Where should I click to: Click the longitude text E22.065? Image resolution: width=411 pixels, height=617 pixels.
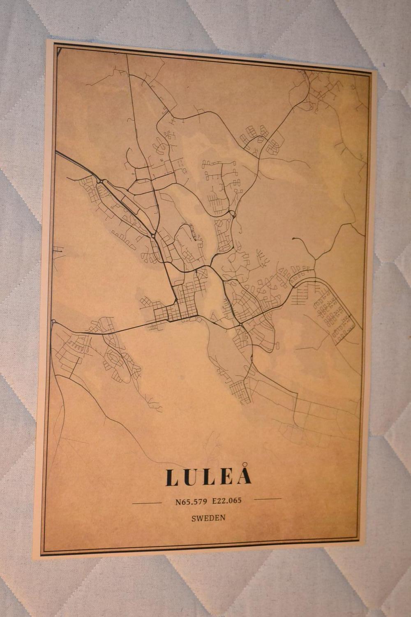tap(227, 501)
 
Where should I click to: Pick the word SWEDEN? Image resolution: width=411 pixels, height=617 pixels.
tap(208, 518)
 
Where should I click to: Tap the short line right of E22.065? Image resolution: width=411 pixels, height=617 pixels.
tap(268, 499)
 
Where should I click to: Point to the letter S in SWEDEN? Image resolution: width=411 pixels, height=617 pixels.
tap(193, 518)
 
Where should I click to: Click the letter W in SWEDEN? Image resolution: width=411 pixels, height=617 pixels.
tap(199, 518)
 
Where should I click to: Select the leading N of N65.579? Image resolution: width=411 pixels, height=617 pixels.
tap(178, 502)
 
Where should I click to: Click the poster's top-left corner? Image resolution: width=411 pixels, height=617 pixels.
tap(47, 40)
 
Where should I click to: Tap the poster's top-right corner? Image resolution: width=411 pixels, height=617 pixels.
tap(377, 71)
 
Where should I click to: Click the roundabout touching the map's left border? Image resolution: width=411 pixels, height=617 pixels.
tap(53, 321)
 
